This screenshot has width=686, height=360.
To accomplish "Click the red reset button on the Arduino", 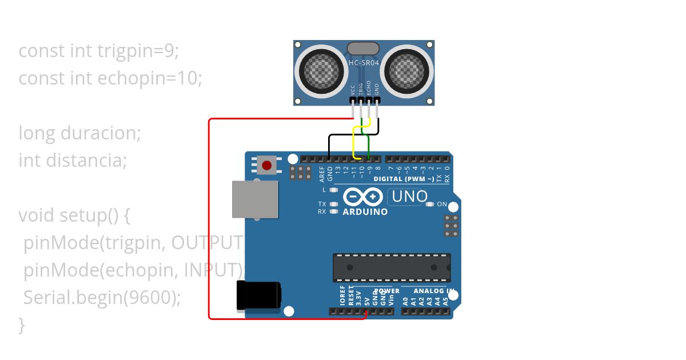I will pos(266,166).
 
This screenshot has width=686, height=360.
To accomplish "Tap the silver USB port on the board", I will pos(255,199).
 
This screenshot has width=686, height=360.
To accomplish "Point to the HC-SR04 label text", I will pos(364,62).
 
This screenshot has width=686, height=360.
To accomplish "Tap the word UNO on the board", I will pos(407,197).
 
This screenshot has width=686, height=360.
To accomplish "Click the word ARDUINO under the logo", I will pos(365,212).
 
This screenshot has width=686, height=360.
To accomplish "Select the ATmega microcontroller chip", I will pos(392,267).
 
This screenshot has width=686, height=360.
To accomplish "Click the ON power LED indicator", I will pos(429,204).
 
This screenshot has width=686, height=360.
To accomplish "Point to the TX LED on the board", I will pos(334,204).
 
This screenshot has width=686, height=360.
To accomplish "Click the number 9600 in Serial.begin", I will pos(153,298).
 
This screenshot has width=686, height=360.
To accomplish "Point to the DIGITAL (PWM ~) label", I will pos(404,179).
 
